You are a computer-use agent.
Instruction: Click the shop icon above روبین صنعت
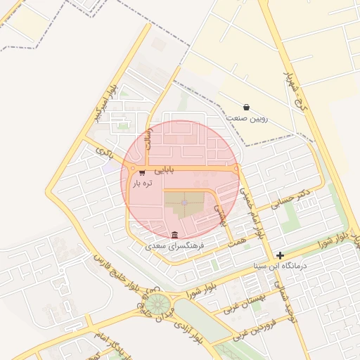[x=245, y=107]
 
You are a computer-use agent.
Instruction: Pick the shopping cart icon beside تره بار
[x=142, y=172]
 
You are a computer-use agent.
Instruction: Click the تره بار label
[x=141, y=184]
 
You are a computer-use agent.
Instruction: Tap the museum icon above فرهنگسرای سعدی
[x=174, y=234]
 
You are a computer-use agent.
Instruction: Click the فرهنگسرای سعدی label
[x=174, y=247]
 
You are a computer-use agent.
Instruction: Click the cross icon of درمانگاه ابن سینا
[x=281, y=255]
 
